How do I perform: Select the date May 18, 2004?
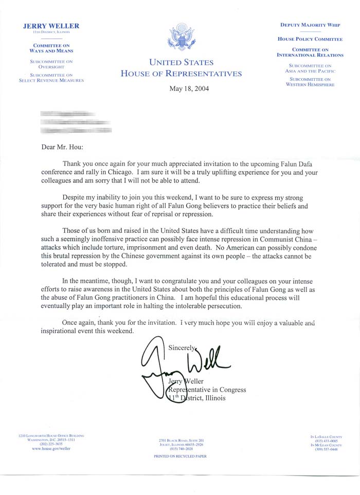pos(189,88)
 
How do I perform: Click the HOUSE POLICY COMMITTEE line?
pos(310,39)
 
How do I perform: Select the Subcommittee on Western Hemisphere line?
pos(310,82)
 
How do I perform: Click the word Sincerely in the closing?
pos(183,347)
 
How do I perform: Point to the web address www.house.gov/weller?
pos(51,449)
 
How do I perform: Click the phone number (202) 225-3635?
pos(50,444)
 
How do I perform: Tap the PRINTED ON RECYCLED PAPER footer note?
pos(180,456)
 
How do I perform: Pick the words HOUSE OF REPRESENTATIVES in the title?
pos(181,74)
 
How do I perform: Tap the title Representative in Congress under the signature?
pos(208,390)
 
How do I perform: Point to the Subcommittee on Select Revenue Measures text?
pos(51,78)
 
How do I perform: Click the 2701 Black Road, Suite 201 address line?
pos(182,441)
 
